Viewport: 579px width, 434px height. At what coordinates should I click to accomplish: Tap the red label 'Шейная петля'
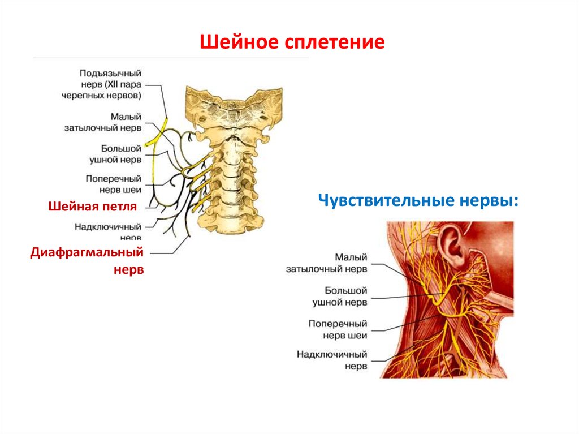[x=93, y=207]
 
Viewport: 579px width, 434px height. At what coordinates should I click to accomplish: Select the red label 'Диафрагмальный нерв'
[x=88, y=260]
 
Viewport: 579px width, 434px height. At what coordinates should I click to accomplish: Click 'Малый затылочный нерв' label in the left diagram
[x=111, y=122]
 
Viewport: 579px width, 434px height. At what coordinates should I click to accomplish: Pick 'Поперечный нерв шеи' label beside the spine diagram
[x=114, y=183]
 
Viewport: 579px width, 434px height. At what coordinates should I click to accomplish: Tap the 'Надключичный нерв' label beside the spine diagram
[x=108, y=231]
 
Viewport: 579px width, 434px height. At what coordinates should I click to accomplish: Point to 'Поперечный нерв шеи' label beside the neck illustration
[x=338, y=329]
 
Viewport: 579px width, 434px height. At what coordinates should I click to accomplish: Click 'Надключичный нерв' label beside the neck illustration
[x=332, y=360]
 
